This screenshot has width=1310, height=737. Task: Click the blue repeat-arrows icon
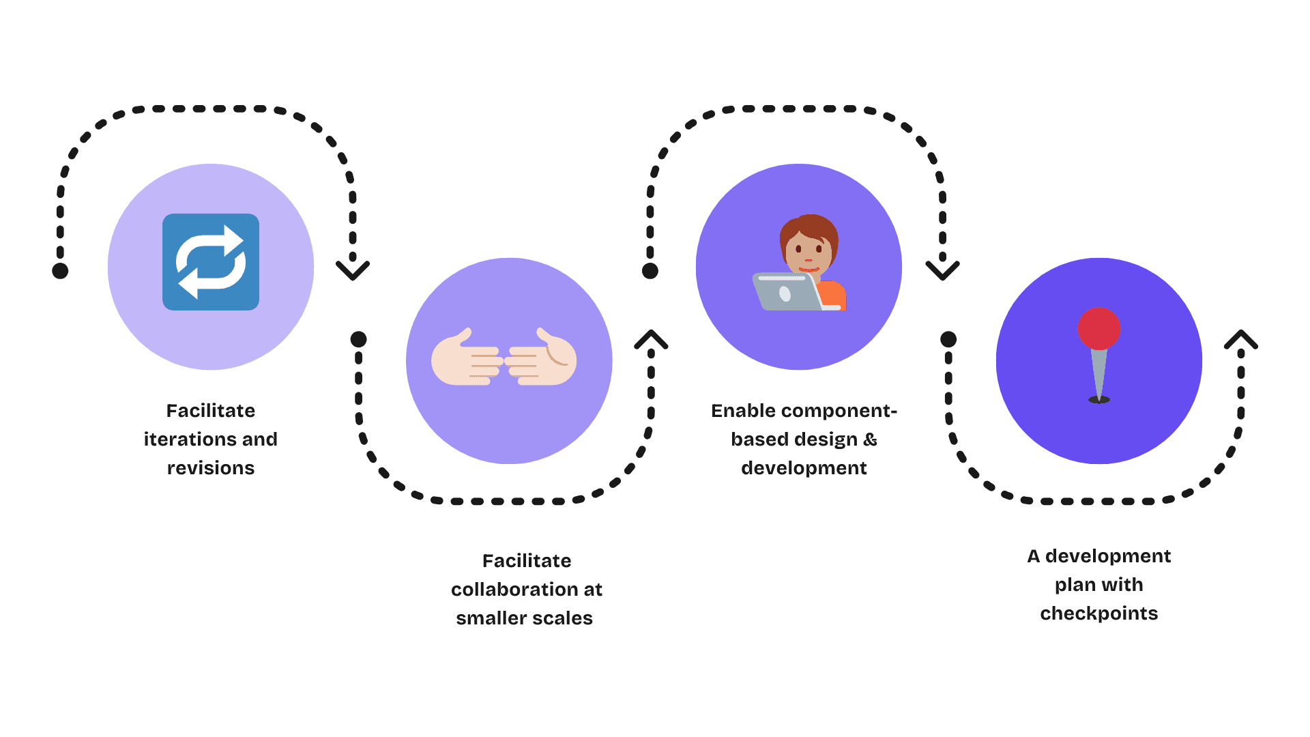click(210, 262)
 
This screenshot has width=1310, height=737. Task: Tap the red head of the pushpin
click(1098, 328)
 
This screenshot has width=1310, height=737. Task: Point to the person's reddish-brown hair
click(809, 229)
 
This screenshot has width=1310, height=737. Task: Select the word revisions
click(211, 468)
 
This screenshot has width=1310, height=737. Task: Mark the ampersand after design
click(870, 439)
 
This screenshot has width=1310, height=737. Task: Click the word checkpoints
click(1098, 613)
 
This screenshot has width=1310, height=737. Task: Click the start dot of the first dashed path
click(60, 271)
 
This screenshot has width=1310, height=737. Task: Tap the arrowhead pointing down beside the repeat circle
click(353, 270)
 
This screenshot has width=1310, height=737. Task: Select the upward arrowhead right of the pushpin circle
click(1240, 339)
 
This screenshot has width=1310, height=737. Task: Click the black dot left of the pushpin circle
click(948, 339)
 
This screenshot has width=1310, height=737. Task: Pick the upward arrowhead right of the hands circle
click(651, 339)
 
